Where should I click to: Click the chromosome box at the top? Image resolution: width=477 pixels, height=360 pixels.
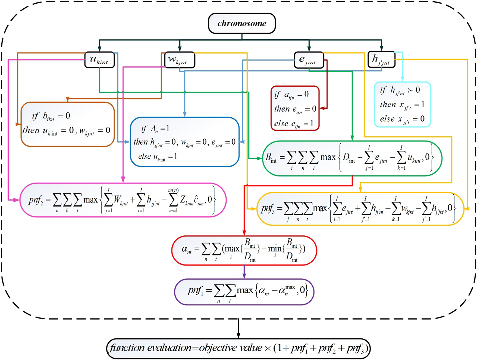point(242,23)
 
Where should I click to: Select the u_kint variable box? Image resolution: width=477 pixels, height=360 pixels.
point(99,60)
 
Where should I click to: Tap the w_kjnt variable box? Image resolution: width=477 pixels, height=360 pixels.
point(180,60)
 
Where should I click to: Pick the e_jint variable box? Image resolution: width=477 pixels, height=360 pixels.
point(309,60)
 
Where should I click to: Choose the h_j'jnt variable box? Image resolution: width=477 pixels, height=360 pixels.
point(381,59)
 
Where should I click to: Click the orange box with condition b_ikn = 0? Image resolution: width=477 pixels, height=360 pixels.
point(68,124)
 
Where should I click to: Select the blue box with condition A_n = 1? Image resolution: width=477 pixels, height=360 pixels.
point(185,142)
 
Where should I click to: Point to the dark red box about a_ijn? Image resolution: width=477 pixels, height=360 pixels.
point(295,108)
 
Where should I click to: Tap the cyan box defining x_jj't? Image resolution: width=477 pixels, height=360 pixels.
point(402,105)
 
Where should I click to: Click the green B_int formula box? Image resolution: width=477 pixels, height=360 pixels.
point(352,158)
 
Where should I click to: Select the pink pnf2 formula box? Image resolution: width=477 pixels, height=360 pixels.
point(123,200)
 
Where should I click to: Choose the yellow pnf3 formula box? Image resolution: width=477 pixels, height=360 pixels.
point(360,209)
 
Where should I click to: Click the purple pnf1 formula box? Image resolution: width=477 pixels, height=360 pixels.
point(244,292)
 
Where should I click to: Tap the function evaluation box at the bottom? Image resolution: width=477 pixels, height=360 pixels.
point(238,348)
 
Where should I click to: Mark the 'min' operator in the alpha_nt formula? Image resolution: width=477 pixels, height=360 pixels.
point(275,248)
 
